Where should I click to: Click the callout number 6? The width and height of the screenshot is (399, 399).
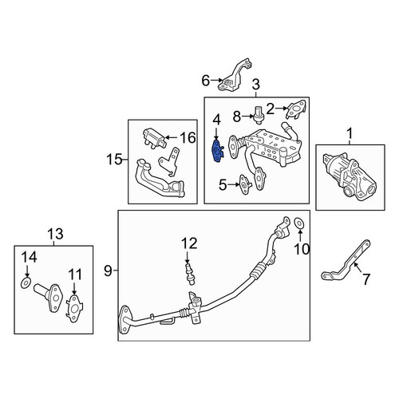(x=206, y=81)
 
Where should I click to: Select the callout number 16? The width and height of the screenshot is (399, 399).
(x=188, y=137)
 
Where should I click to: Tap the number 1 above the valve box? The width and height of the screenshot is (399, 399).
(x=350, y=134)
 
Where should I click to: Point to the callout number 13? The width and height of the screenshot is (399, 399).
(x=55, y=234)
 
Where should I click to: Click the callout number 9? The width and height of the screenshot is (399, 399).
(x=108, y=271)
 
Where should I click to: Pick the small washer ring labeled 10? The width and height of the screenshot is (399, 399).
(x=298, y=223)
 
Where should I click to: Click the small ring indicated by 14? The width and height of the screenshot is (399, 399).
(x=26, y=283)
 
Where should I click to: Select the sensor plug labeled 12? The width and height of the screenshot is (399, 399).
(x=189, y=275)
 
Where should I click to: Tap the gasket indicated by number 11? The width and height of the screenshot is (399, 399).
(x=74, y=309)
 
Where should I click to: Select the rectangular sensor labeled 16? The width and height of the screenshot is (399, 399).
(x=154, y=138)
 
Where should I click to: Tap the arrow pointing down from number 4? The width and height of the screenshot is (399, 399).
(x=216, y=133)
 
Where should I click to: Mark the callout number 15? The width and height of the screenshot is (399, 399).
(x=114, y=160)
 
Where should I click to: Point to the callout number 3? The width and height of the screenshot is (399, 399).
(x=255, y=85)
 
